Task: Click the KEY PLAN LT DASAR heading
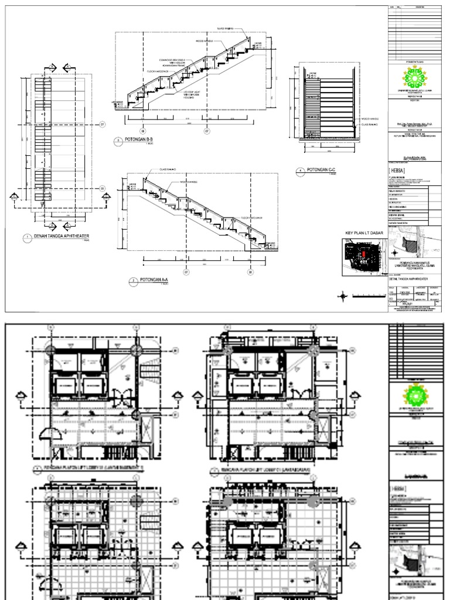(363, 233)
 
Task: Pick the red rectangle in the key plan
(363, 254)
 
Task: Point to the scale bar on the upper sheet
(366, 297)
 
